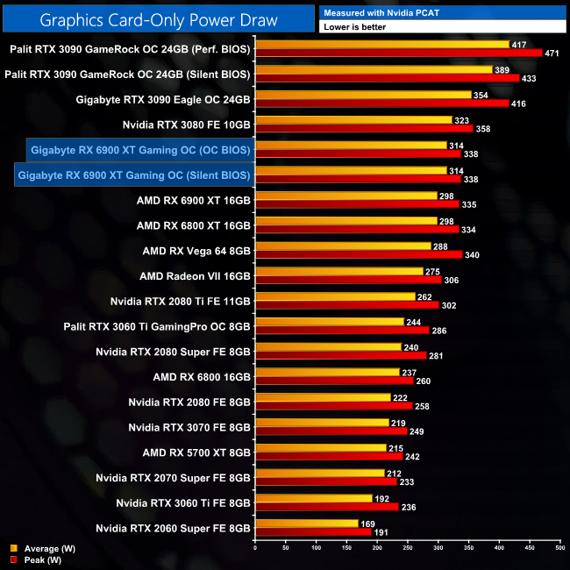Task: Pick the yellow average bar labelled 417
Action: (381, 45)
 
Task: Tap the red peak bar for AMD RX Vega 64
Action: (358, 255)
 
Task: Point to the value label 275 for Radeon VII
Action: (431, 272)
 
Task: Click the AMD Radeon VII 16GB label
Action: (195, 276)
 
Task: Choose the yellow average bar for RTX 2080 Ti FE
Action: (334, 297)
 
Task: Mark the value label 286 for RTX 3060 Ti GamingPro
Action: (440, 331)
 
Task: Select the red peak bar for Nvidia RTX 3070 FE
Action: (331, 431)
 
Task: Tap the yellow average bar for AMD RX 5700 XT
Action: (320, 448)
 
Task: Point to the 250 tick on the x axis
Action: (407, 551)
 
